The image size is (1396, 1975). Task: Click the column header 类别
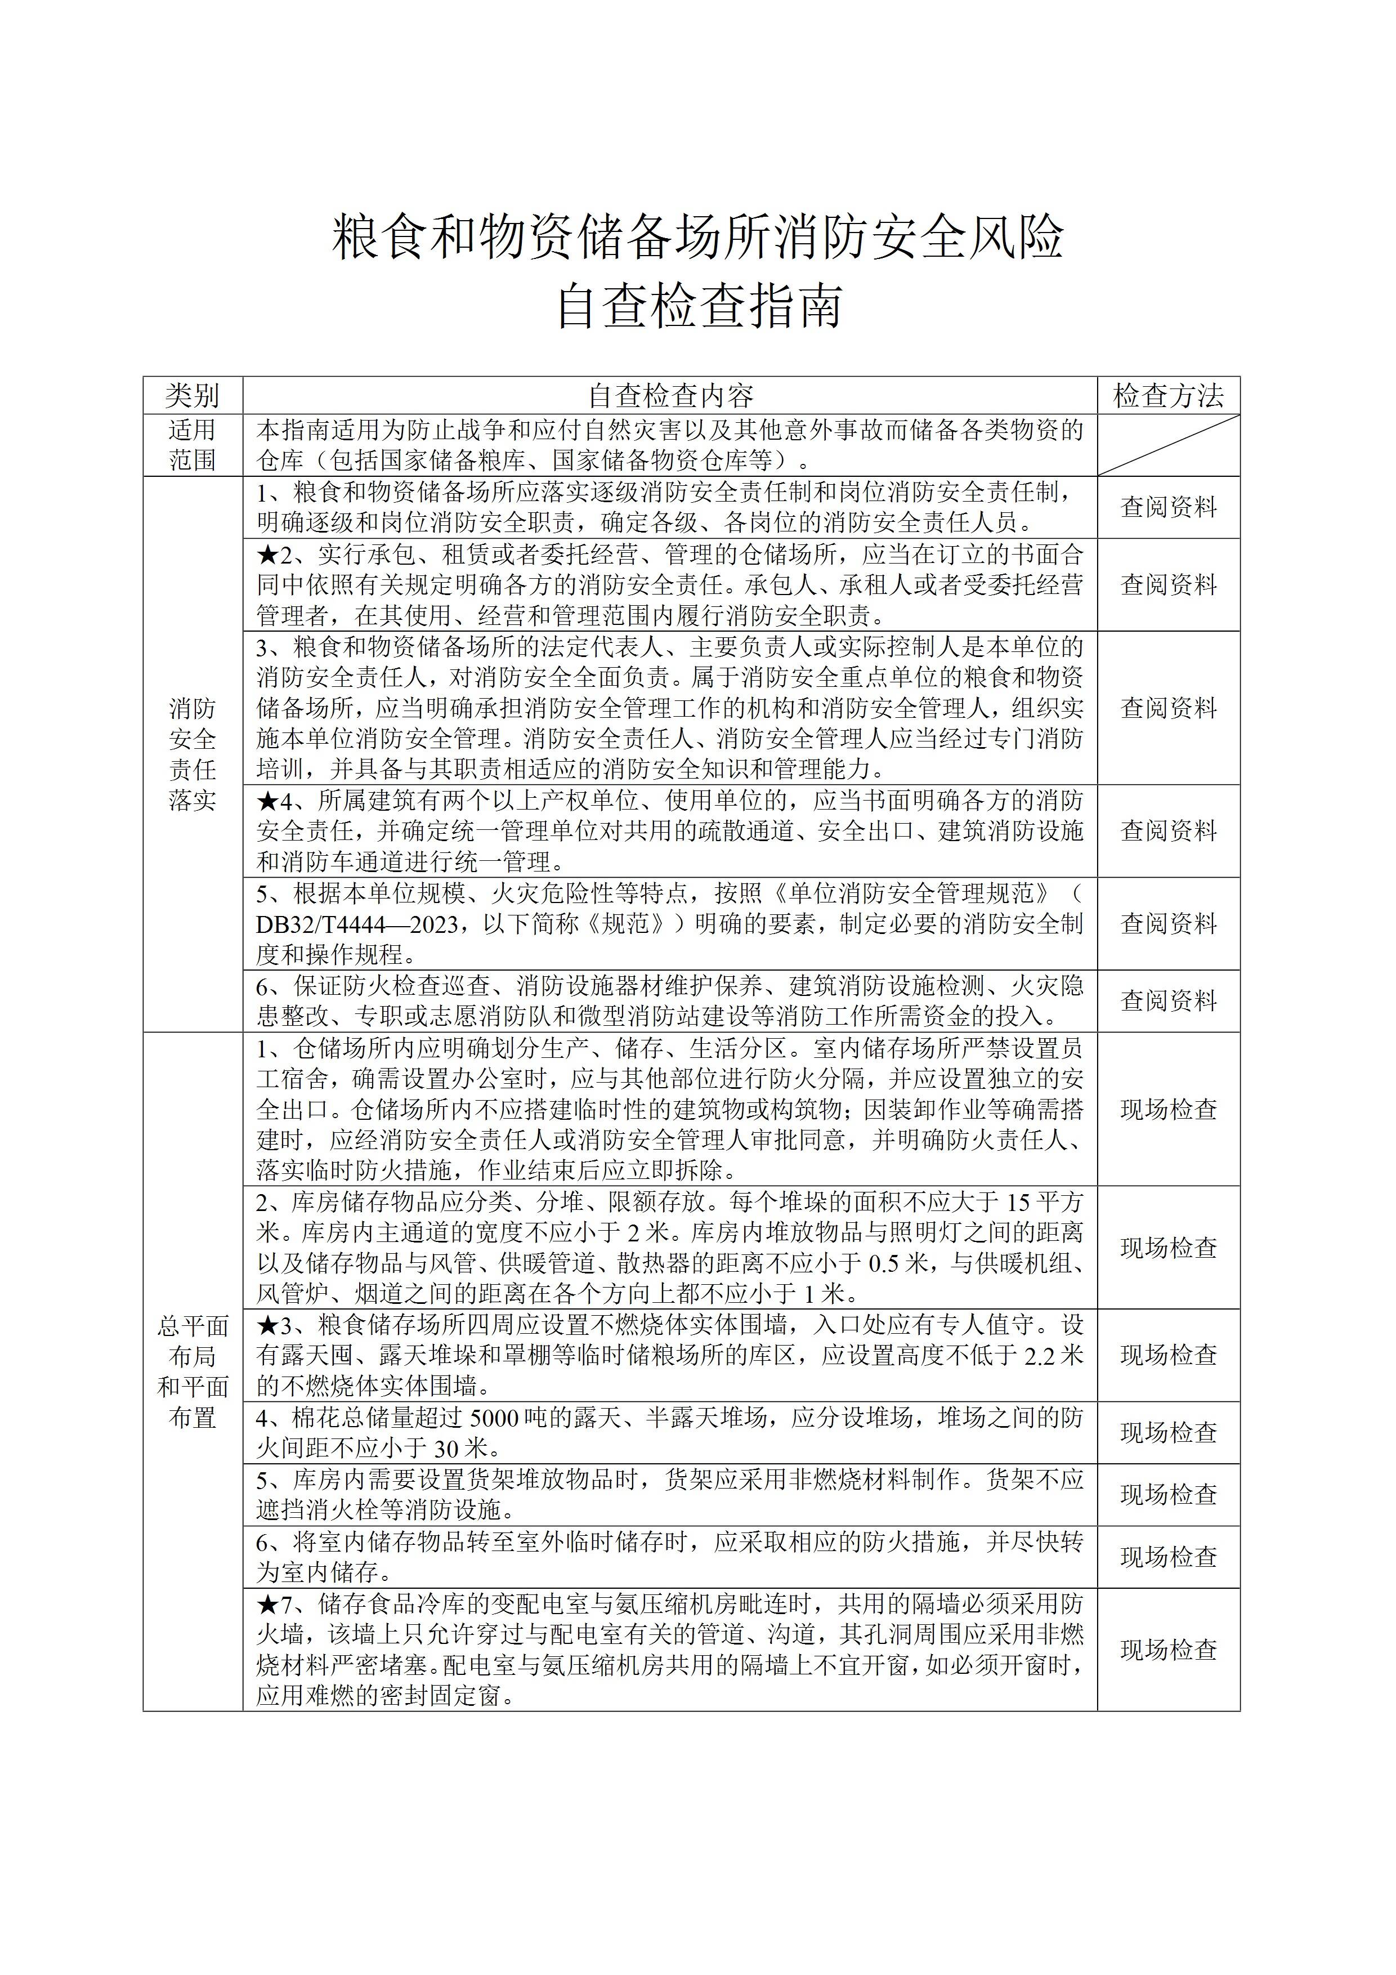tap(192, 396)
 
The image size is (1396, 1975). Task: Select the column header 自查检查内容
tap(670, 396)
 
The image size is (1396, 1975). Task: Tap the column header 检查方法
tap(1168, 396)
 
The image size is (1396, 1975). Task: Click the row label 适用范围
tap(192, 445)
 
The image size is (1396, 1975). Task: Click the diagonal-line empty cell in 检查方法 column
tap(1168, 445)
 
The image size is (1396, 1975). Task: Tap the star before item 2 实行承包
tap(267, 555)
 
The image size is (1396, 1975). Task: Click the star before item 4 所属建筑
tap(267, 801)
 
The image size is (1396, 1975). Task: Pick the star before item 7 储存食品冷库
tap(267, 1603)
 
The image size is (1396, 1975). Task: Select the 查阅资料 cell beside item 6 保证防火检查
tap(1168, 1000)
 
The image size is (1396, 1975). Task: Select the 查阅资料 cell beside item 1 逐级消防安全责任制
tap(1168, 507)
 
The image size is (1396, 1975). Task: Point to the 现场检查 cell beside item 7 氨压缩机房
tap(1168, 1649)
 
